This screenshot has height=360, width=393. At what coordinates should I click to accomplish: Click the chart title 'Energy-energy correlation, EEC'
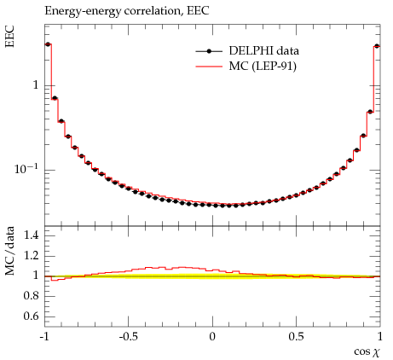(127, 11)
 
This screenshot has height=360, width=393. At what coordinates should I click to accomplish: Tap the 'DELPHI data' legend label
(264, 51)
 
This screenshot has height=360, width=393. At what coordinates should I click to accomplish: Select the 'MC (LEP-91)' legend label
(263, 67)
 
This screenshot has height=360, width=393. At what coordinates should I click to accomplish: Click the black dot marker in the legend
(209, 51)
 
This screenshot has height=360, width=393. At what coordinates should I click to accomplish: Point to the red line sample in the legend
(209, 67)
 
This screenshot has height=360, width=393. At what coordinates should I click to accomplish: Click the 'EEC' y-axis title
(9, 36)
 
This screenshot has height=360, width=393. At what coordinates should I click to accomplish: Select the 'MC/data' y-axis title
(9, 251)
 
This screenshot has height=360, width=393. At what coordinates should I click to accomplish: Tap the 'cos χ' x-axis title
(367, 352)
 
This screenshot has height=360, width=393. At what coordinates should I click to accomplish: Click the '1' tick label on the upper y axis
(36, 84)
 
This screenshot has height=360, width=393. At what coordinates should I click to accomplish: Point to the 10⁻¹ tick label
(26, 169)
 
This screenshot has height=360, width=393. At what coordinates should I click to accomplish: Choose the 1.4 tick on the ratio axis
(31, 235)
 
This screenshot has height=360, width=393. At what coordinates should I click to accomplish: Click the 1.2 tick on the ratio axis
(31, 256)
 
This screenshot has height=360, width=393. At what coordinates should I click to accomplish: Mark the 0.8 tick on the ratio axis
(31, 296)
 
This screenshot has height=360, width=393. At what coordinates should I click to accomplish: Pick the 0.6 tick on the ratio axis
(31, 316)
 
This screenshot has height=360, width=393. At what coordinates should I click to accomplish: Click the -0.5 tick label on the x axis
(128, 337)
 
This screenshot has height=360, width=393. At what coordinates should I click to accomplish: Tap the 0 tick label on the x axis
(212, 337)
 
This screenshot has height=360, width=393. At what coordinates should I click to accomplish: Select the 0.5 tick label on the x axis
(296, 337)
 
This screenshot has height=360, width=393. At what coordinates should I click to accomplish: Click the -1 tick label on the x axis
(44, 337)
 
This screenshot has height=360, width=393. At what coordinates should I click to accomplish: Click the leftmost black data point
(48, 44)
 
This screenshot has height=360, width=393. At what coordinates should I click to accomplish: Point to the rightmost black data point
(377, 46)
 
